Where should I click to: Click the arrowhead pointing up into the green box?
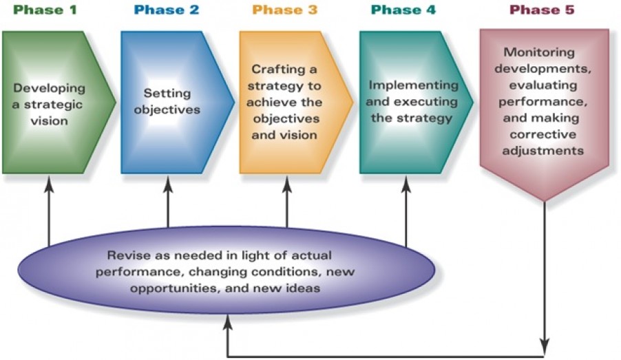pyautogui.click(x=50, y=182)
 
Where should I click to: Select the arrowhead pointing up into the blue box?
pyautogui.click(x=168, y=182)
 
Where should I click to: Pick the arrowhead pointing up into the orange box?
pyautogui.click(x=286, y=182)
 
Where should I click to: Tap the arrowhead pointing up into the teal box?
pyautogui.click(x=406, y=182)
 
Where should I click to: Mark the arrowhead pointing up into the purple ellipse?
pyautogui.click(x=227, y=318)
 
